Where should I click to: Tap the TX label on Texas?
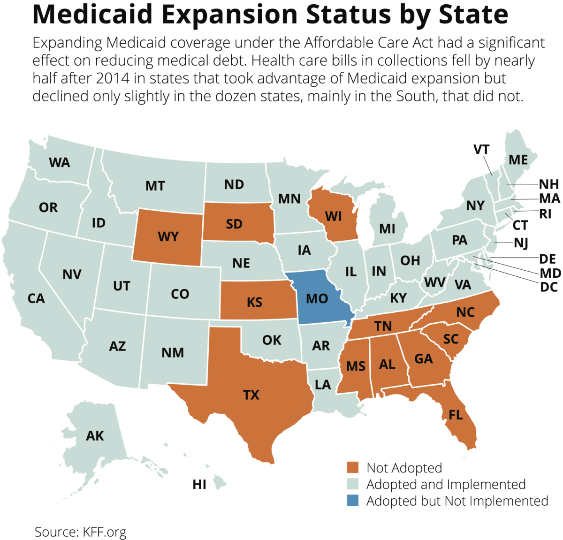[251, 395]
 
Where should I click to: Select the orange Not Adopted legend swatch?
[352, 468]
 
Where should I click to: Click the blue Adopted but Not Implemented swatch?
[352, 501]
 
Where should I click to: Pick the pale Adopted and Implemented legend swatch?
[352, 484]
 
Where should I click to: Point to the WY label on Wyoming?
[168, 236]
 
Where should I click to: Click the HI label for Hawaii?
[199, 484]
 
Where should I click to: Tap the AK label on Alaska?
[95, 436]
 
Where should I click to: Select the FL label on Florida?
[456, 415]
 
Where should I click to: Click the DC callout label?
[548, 287]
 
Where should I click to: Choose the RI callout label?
[545, 214]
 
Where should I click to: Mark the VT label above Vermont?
[481, 150]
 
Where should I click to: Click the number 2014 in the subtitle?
[112, 78]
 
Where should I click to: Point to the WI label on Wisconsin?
[333, 217]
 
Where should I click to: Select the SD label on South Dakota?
[234, 224]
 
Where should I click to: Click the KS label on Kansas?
[254, 302]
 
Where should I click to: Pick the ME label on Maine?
[518, 160]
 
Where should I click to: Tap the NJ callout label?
[521, 243]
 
